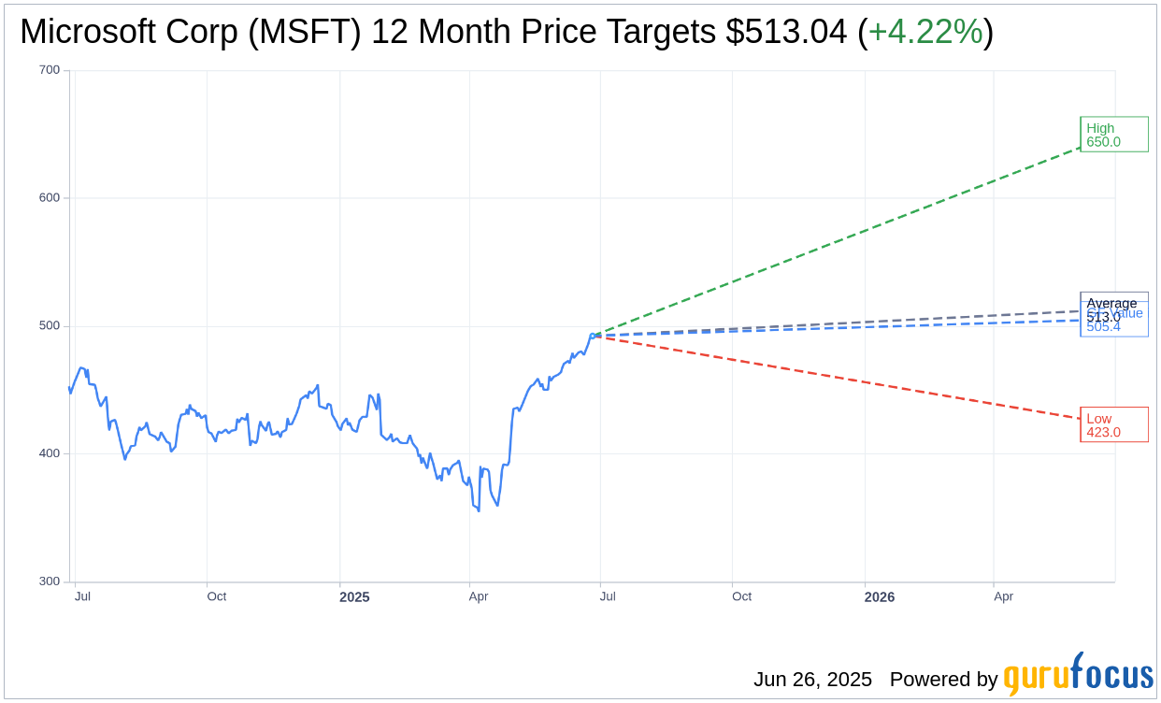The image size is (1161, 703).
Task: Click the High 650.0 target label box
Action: tap(1113, 135)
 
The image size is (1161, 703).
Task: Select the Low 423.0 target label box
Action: tap(1113, 424)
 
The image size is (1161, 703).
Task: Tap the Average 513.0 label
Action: tap(1111, 304)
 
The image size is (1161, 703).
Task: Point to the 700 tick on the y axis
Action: tap(50, 70)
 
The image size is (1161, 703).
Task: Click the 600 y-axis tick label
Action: tap(50, 198)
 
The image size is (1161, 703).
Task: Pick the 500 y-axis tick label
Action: tap(50, 326)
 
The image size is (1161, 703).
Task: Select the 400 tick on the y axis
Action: tap(50, 453)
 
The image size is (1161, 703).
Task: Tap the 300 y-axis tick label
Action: tap(50, 581)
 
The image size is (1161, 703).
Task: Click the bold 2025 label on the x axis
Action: tap(354, 597)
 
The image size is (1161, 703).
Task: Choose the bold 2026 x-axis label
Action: tap(879, 597)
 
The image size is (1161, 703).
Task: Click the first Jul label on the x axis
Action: tap(82, 596)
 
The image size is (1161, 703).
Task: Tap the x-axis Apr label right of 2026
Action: tap(1003, 596)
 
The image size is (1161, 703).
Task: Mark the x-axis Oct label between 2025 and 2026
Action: tap(741, 596)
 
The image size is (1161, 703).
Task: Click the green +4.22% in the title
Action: tap(924, 32)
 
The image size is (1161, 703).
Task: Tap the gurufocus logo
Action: tap(1078, 675)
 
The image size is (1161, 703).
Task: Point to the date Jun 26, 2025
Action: tap(812, 680)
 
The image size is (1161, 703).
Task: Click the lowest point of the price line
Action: tap(479, 510)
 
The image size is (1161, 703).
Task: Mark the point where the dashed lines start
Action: tap(594, 335)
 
